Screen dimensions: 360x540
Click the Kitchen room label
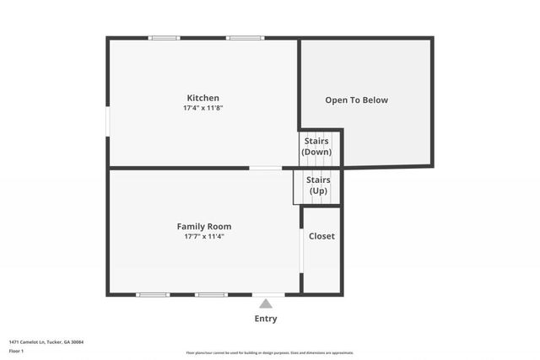click(x=203, y=98)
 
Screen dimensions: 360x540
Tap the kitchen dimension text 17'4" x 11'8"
click(x=203, y=108)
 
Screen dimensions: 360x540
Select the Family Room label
click(x=203, y=226)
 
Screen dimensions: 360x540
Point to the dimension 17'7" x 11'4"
click(x=203, y=236)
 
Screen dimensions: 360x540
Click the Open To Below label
click(x=357, y=100)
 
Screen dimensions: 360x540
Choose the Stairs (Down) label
click(x=317, y=147)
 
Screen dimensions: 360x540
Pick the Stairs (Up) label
click(x=317, y=185)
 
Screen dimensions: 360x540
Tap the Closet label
click(x=321, y=236)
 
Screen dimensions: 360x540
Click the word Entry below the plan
click(x=266, y=319)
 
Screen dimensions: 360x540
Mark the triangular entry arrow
click(x=266, y=304)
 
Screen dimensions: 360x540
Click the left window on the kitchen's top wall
click(x=165, y=37)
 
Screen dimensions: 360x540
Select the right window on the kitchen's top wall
click(x=246, y=37)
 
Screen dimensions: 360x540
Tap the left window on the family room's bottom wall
click(x=153, y=295)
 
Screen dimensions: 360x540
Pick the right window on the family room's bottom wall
click(x=211, y=295)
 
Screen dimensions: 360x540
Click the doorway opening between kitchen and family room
click(x=266, y=168)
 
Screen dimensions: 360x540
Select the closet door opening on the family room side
click(x=302, y=250)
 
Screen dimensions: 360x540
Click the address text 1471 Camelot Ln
click(x=46, y=341)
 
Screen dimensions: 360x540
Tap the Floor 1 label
click(x=17, y=350)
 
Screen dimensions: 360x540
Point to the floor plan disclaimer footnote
click(x=270, y=352)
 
